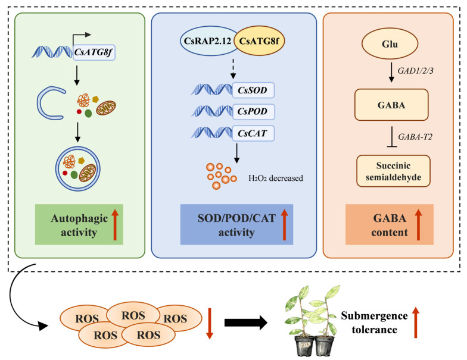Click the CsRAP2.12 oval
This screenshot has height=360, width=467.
click(207, 40)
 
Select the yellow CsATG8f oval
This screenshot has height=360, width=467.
click(259, 40)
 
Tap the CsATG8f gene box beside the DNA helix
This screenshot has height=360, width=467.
click(94, 52)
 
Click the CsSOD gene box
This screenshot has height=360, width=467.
click(253, 90)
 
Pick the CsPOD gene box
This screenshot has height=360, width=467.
click(253, 112)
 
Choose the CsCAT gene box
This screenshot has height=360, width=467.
click(253, 133)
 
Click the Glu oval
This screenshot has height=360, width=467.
click(390, 44)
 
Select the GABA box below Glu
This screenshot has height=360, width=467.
click(391, 105)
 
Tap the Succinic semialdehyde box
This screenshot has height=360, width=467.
click(393, 171)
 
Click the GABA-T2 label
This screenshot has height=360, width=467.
click(415, 137)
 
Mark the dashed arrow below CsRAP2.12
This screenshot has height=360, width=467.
click(233, 69)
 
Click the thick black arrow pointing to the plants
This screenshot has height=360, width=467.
click(246, 323)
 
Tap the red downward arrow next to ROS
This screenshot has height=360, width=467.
click(210, 324)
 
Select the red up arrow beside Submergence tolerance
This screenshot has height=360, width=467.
click(416, 323)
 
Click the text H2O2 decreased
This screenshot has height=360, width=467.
click(276, 179)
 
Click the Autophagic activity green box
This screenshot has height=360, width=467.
click(79, 224)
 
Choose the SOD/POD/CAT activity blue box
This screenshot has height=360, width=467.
click(237, 224)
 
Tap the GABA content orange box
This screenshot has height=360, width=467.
click(390, 224)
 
